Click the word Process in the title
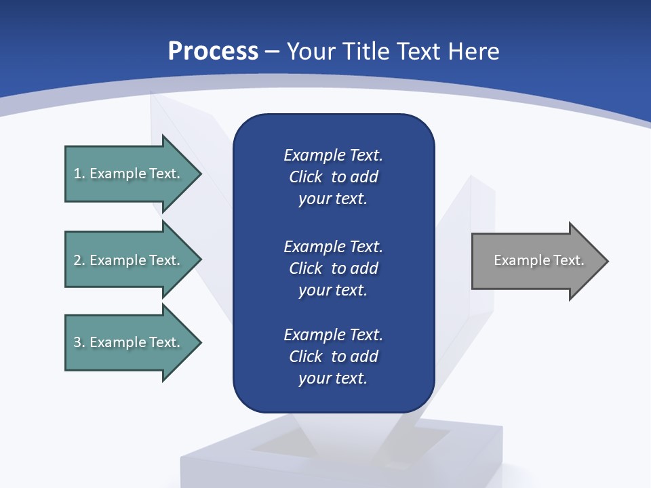pyautogui.click(x=213, y=52)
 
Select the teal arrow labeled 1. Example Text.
pyautogui.click(x=129, y=174)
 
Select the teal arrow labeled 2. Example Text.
pyautogui.click(x=129, y=260)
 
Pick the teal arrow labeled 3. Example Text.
pyautogui.click(x=129, y=342)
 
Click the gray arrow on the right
pyautogui.click(x=536, y=261)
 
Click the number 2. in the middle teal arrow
pyautogui.click(x=79, y=260)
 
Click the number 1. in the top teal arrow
pyautogui.click(x=79, y=174)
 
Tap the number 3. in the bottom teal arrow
pyautogui.click(x=79, y=342)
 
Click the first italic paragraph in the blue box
pyautogui.click(x=333, y=177)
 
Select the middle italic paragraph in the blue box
pyautogui.click(x=333, y=268)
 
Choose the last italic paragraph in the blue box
pyautogui.click(x=333, y=357)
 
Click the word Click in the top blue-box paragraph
pyautogui.click(x=306, y=178)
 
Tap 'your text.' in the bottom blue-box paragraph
pyautogui.click(x=333, y=379)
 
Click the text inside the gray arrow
pyautogui.click(x=538, y=260)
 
